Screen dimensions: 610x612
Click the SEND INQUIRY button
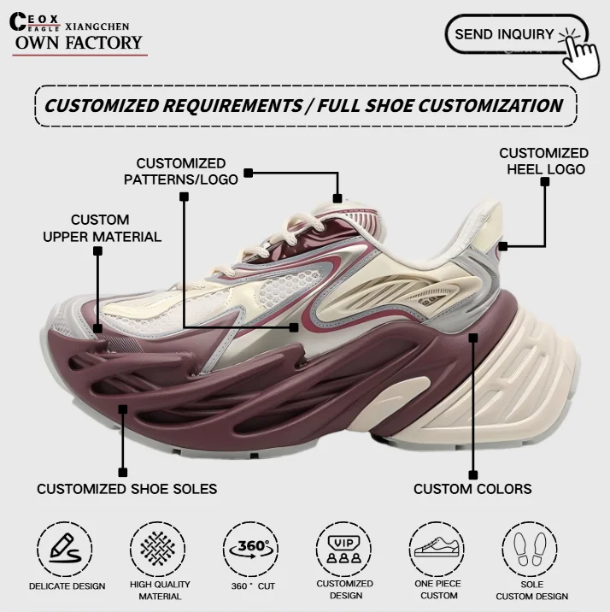click(504, 34)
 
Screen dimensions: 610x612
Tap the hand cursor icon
click(584, 51)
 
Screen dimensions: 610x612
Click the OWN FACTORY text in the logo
click(79, 43)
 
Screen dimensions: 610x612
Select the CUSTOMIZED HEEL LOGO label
click(543, 161)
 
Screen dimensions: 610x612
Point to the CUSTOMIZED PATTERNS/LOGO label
click(180, 171)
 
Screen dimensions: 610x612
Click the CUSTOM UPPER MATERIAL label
click(102, 228)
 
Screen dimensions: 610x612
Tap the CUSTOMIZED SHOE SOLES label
click(126, 489)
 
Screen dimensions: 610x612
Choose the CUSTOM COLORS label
click(472, 489)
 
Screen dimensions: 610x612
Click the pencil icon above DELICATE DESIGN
click(65, 548)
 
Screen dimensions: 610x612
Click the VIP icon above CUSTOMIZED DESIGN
click(344, 548)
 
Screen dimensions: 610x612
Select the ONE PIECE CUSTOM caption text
click(438, 590)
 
